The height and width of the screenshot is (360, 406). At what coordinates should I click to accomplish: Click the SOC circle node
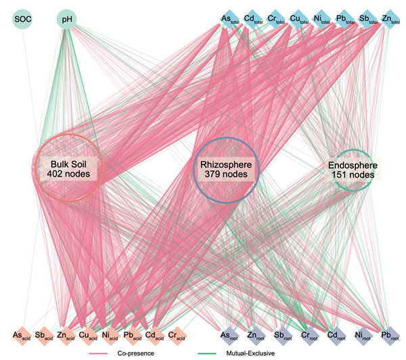pos(24,20)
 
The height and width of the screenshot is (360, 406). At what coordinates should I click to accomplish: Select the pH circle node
pos(66,20)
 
